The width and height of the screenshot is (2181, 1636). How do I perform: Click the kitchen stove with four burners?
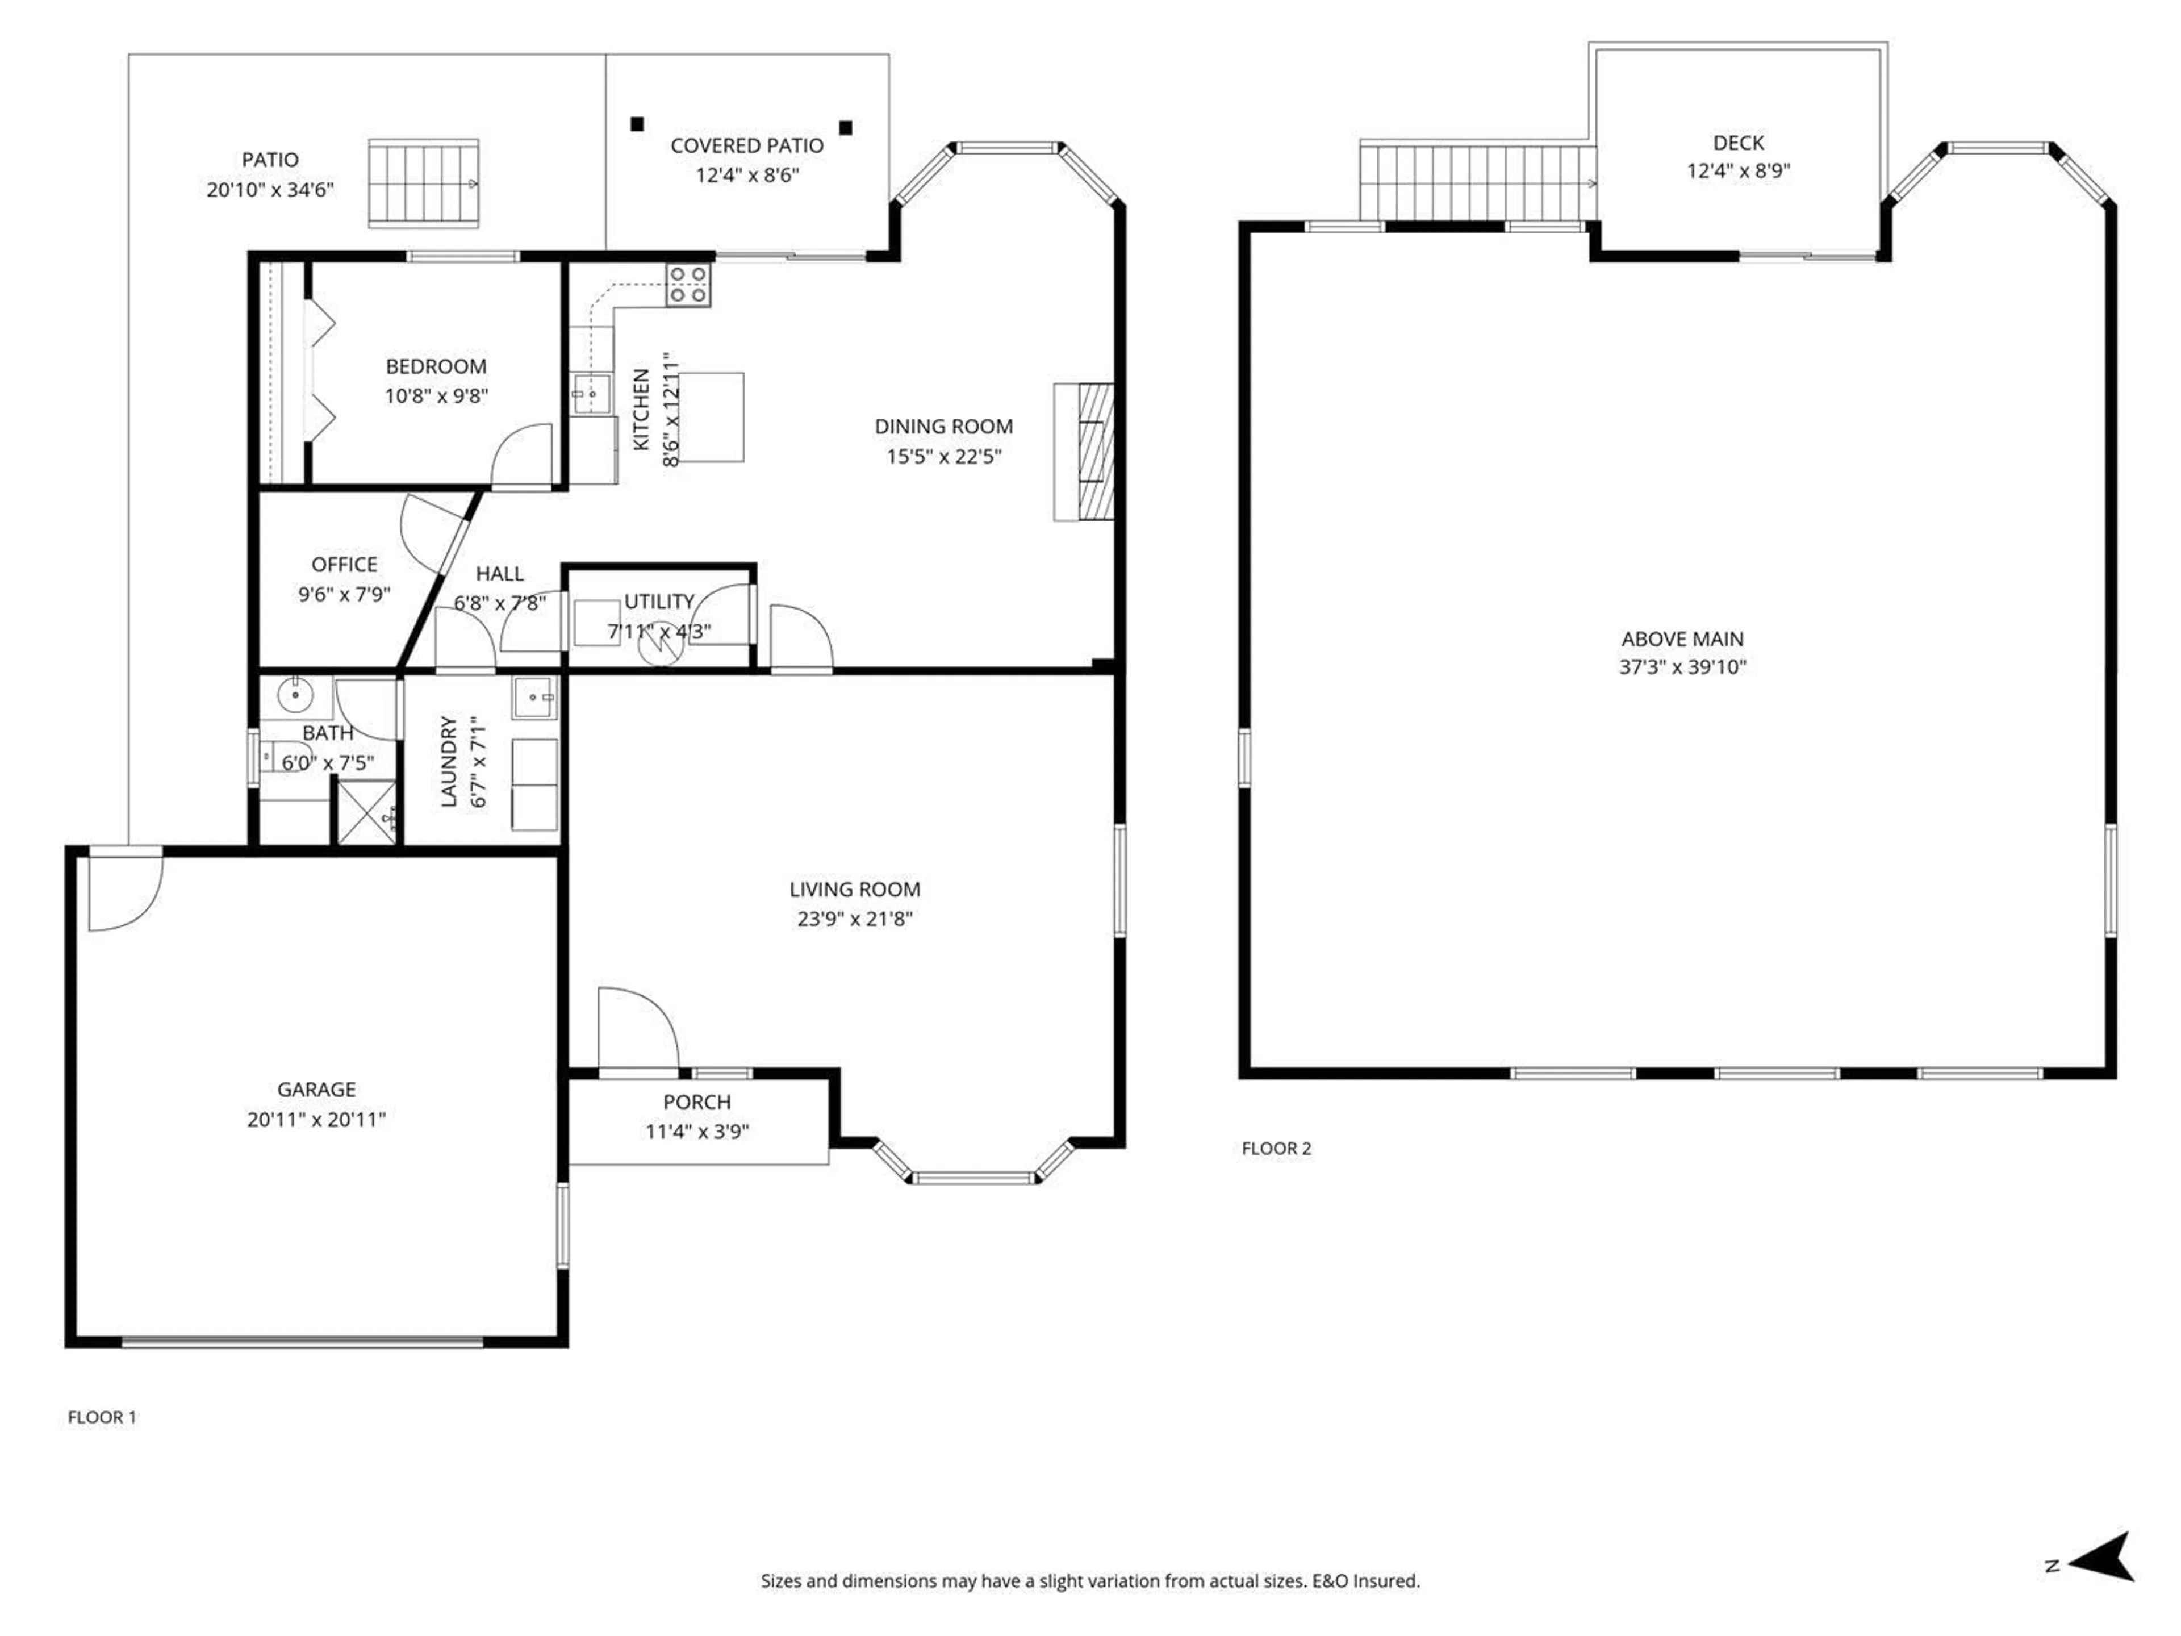click(688, 285)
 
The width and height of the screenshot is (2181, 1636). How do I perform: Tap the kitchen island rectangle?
click(710, 416)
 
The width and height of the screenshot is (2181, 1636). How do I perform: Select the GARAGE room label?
click(316, 1089)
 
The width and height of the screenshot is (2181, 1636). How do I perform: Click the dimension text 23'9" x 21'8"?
click(855, 919)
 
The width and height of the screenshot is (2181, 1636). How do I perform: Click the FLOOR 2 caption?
click(1276, 1148)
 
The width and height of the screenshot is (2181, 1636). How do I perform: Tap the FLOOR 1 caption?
click(102, 1417)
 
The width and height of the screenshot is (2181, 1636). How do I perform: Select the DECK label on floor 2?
click(1739, 143)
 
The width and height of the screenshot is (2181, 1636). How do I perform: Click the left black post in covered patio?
click(637, 124)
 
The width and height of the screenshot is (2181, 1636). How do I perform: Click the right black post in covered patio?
click(845, 128)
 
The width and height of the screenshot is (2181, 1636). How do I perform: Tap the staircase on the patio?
click(424, 183)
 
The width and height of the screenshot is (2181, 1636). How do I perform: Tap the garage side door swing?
click(123, 890)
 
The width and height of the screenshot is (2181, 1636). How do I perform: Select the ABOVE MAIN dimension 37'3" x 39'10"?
click(1682, 667)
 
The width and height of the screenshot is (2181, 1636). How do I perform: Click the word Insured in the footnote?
click(1388, 1581)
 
